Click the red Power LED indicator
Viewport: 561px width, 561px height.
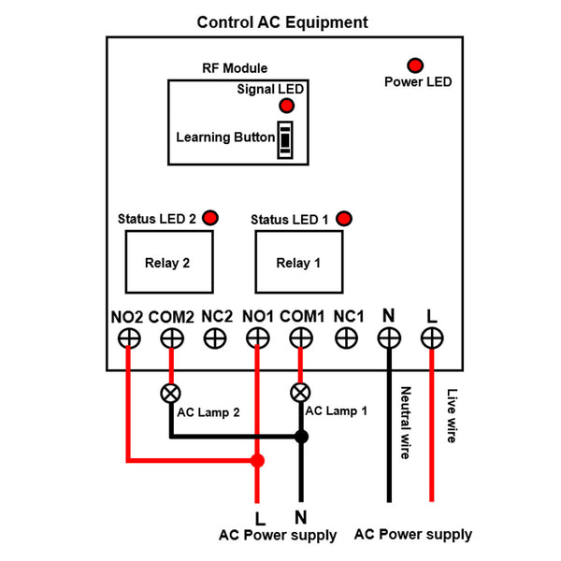(414, 65)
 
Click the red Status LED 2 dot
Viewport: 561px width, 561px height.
(209, 218)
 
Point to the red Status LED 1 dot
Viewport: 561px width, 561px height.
(344, 219)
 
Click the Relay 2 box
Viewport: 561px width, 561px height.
(167, 263)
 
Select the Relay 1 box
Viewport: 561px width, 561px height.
(298, 263)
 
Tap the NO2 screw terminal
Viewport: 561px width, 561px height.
(128, 338)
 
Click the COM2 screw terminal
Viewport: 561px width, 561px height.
(171, 338)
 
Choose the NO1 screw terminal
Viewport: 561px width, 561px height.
(257, 338)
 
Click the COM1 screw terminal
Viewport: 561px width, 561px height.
(301, 338)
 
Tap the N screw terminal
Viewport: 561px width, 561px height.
(389, 338)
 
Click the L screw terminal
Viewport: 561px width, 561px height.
(431, 338)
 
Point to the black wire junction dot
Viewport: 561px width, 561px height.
(301, 437)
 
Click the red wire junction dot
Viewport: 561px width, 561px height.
(257, 460)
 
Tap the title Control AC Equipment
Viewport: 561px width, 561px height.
(282, 22)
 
